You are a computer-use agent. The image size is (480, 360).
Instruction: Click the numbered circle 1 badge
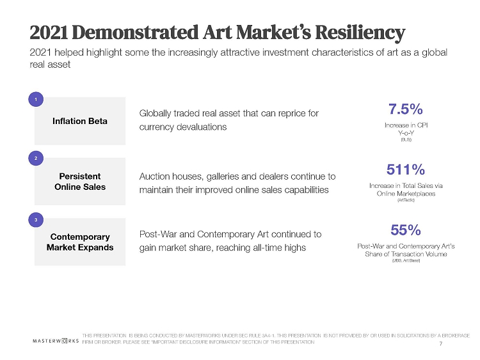coord(36,99)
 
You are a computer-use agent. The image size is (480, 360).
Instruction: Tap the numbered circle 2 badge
coord(36,157)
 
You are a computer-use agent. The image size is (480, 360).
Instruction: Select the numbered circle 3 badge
coord(36,220)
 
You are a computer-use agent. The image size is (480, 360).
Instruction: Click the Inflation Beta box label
coord(80,121)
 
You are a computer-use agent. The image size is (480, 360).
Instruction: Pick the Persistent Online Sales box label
coord(80,181)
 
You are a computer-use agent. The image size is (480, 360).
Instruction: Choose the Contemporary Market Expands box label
coord(80,242)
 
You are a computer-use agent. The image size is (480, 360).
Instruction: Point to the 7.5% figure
coord(406,108)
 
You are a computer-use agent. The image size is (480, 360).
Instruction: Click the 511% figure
coord(406,169)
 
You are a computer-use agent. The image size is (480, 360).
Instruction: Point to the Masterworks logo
coord(55,341)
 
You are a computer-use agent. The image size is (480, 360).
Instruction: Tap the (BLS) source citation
coord(406,139)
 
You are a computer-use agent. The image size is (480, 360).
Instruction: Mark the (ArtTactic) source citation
coord(406,201)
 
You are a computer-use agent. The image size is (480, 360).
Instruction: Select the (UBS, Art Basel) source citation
coord(406,262)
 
